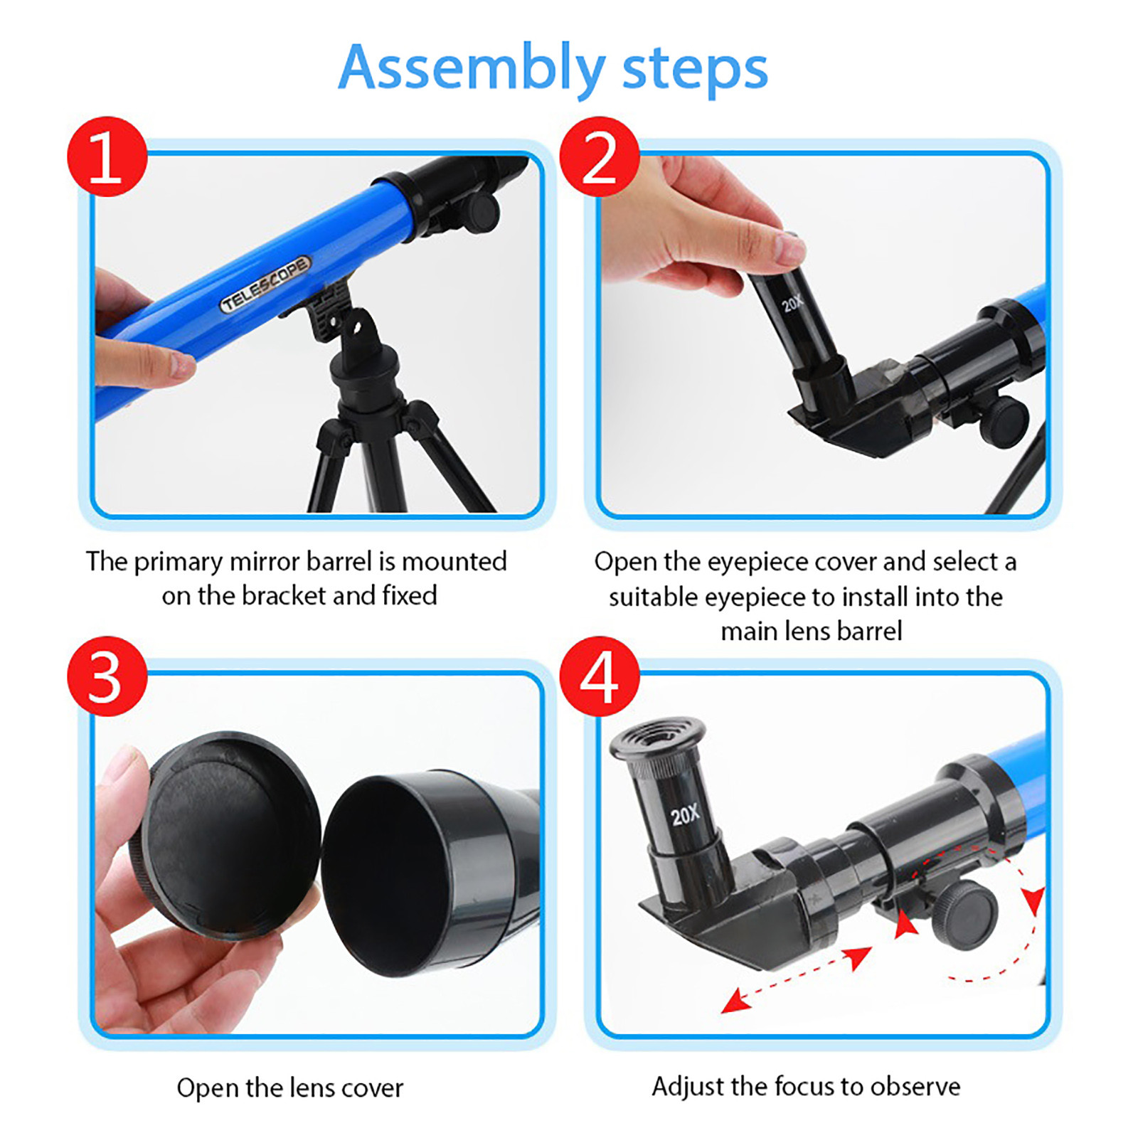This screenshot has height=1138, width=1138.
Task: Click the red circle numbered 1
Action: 107,156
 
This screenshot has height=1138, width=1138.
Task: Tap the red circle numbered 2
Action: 600,156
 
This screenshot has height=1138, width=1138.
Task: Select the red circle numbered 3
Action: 107,676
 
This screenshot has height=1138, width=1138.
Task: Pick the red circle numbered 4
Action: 600,676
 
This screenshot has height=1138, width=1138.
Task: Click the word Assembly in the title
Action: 472,69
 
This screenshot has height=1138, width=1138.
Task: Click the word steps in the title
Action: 695,69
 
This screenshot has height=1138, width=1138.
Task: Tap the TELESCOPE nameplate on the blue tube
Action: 265,284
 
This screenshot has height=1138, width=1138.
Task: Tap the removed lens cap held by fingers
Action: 224,835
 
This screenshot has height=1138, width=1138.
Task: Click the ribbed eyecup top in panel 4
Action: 658,737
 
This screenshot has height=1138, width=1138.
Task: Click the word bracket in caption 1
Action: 283,595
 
